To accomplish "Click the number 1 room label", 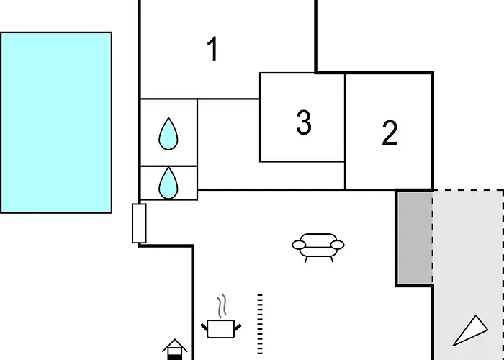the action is pos(213,49).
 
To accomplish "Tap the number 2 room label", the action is pos(390,132).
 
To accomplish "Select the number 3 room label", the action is pos(304,122).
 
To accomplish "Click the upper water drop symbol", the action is pos(168,134).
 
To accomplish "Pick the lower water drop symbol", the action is pos(168,183).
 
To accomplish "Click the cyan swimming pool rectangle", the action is pos(56,122).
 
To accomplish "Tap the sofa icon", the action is pos(318,248).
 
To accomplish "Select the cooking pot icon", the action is pos(221,328).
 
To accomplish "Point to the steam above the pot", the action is pos(222,306).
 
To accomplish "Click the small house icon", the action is pos(174,349).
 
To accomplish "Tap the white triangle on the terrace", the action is pos(471,331).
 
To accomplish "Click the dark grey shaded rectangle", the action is pos(415,238).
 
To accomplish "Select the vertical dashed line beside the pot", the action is pos(260,324).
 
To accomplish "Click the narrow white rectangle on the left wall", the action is pos(139,223).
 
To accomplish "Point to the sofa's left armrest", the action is pos(299,245).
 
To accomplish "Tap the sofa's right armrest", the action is pos(337,245).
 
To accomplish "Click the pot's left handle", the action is pos(204,328).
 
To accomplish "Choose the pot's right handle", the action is pos(238,328).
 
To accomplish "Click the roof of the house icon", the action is pos(174,345).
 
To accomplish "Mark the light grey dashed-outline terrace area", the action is pos(468,275).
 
